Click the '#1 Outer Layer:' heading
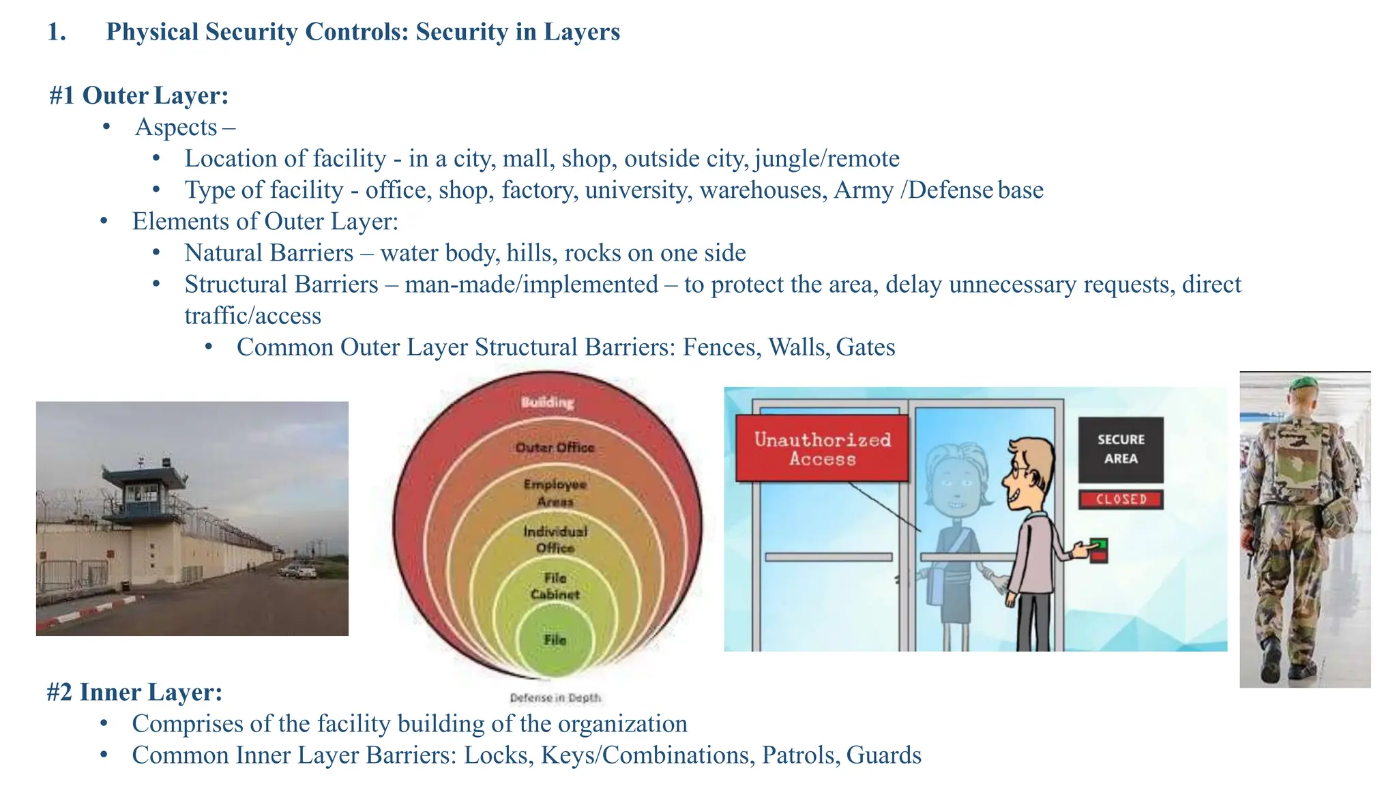(138, 96)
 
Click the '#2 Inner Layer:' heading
(134, 692)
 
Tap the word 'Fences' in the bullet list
(722, 347)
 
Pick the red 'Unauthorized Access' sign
(822, 448)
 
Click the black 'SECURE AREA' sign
(1121, 449)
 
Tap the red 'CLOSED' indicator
(1121, 499)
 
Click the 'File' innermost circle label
(555, 640)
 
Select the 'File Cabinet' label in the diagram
(555, 586)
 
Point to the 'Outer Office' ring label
(555, 448)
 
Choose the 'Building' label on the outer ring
(547, 403)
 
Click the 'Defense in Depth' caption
(555, 698)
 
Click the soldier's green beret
(1304, 383)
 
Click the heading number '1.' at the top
(57, 32)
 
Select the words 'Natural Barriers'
(269, 253)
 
